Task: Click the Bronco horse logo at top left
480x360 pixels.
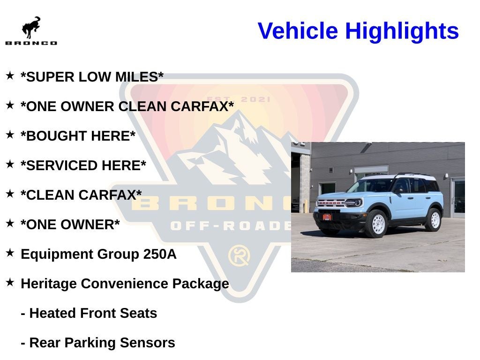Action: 31,28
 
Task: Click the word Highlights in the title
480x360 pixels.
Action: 402,31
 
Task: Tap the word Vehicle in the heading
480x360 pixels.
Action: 298,31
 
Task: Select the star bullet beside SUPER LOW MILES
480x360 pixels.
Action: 10,75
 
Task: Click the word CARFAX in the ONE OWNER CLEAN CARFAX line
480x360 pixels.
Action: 202,106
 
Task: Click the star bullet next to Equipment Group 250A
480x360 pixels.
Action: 10,253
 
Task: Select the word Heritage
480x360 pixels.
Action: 49,284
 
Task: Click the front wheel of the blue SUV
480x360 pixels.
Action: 376,224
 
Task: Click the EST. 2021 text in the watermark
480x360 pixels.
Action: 240,99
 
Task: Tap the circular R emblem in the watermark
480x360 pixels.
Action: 239,256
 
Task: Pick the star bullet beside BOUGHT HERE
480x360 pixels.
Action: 10,135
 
